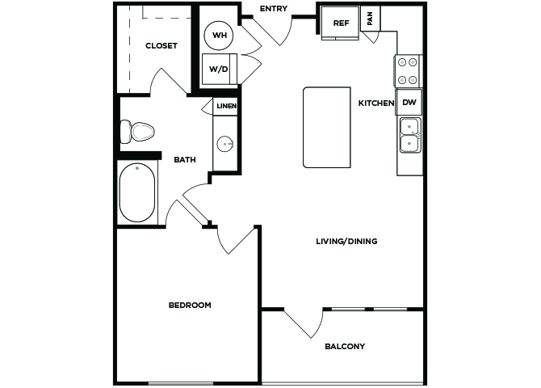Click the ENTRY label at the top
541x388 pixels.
(x=273, y=9)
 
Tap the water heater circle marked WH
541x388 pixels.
(x=219, y=36)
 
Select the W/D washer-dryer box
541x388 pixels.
(x=219, y=69)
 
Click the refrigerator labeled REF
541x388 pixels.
(x=340, y=23)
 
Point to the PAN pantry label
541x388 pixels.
(x=370, y=19)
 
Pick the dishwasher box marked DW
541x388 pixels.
(x=409, y=103)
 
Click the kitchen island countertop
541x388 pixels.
(x=327, y=128)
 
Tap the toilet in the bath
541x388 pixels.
(x=136, y=132)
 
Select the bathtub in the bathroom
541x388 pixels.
(x=137, y=192)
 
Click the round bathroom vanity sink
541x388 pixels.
(x=225, y=143)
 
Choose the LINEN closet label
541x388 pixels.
(x=226, y=106)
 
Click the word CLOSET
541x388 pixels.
(x=161, y=45)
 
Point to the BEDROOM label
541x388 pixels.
(x=190, y=305)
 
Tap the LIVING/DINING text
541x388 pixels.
(x=346, y=241)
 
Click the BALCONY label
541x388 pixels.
(x=345, y=346)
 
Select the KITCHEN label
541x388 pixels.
(x=376, y=103)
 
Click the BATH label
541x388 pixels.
(x=185, y=159)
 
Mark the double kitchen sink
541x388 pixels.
(x=410, y=135)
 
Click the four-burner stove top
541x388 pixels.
(x=408, y=71)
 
